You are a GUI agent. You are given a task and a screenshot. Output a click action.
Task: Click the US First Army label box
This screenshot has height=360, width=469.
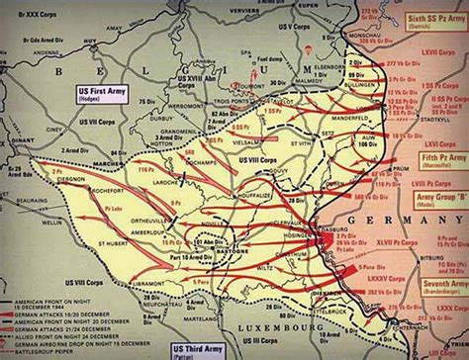(101, 93)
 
